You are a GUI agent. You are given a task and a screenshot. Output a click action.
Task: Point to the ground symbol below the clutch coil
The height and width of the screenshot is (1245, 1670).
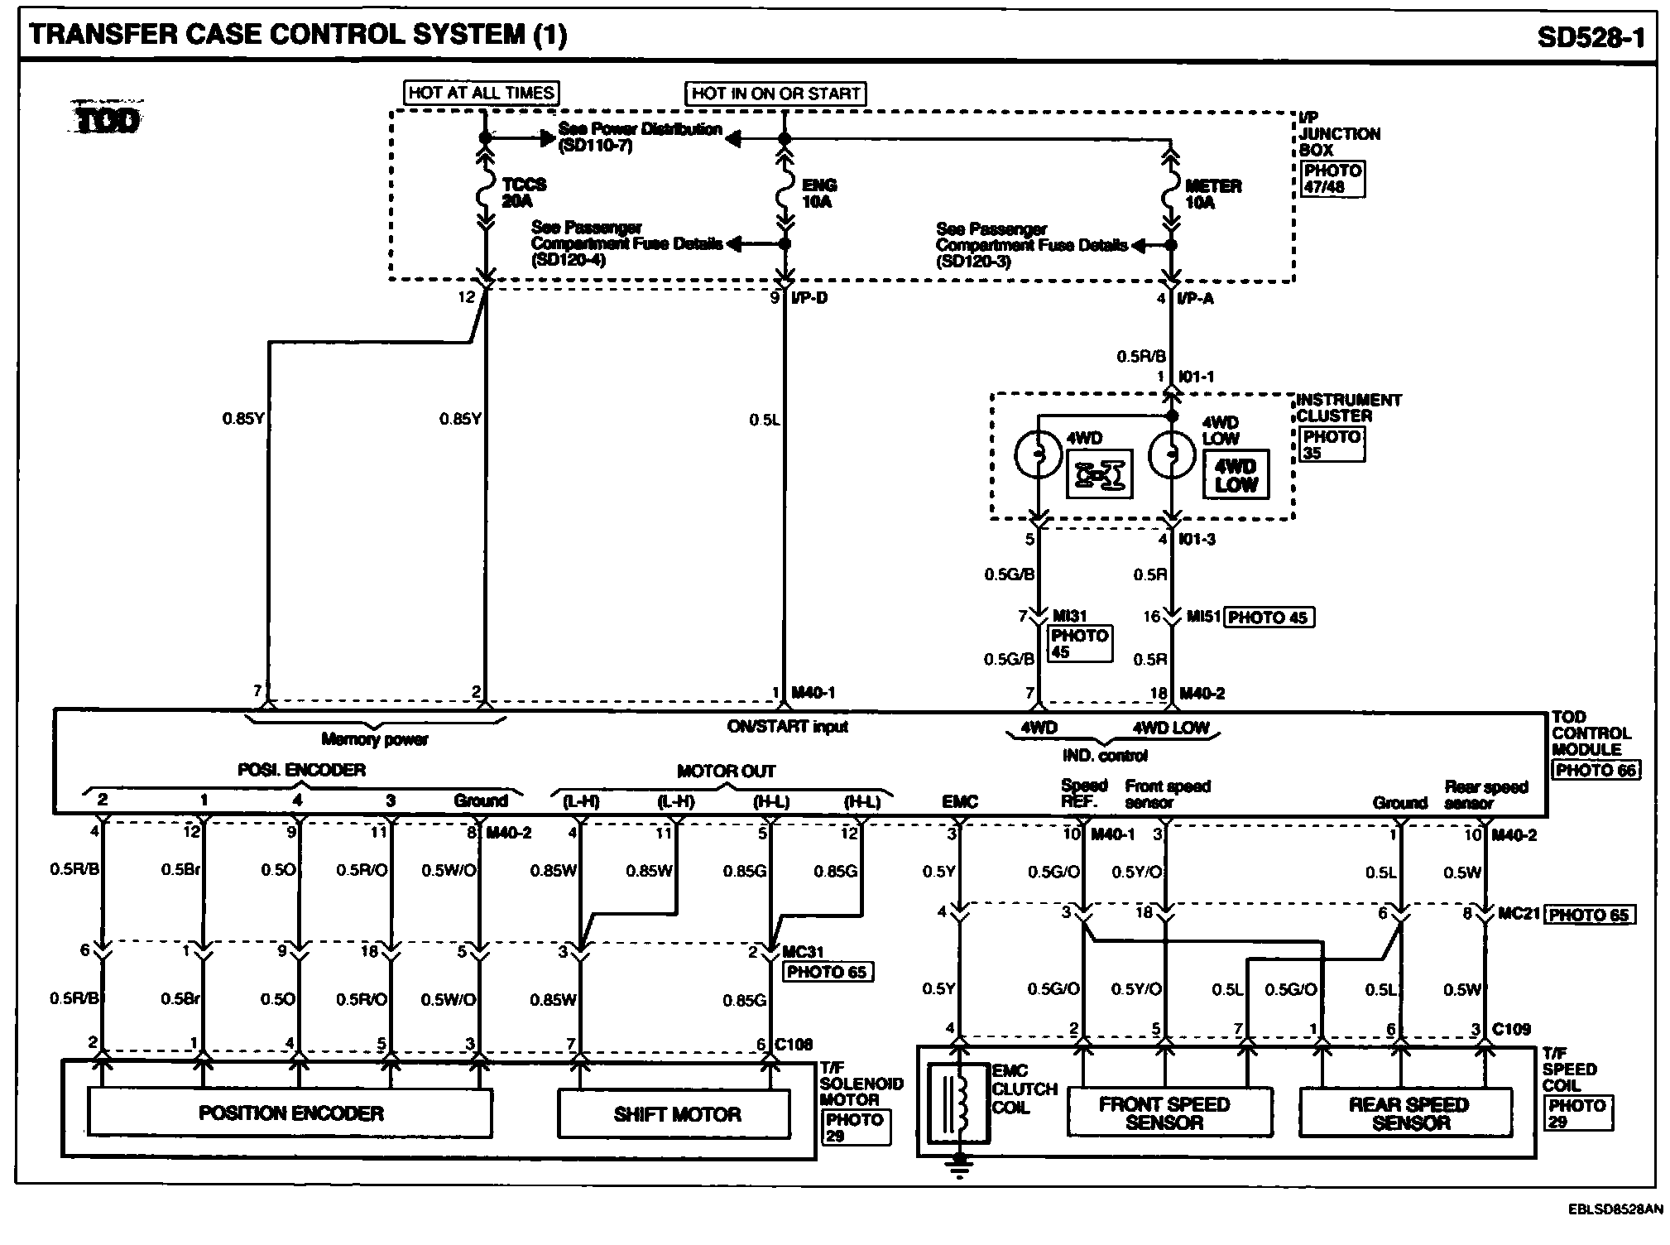[960, 1166]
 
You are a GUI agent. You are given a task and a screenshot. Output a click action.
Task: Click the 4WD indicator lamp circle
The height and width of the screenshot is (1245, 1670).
[1038, 454]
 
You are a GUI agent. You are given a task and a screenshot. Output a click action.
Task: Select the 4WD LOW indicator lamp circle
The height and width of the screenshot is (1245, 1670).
[1171, 454]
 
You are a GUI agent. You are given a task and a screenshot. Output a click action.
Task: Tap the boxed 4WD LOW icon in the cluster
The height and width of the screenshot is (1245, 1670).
[1235, 475]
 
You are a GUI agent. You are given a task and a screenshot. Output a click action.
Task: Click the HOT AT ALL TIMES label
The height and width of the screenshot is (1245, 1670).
[481, 93]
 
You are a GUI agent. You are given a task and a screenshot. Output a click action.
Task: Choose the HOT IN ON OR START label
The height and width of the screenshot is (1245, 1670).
[775, 94]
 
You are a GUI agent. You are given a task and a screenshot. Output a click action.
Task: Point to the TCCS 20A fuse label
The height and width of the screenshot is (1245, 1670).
[523, 192]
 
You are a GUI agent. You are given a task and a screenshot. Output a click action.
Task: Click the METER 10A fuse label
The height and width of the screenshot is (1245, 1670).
[1212, 194]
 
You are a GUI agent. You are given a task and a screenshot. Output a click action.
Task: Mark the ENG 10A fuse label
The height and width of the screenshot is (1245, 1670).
[818, 193]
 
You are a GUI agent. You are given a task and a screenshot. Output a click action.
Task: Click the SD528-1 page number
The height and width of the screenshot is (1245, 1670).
[1591, 36]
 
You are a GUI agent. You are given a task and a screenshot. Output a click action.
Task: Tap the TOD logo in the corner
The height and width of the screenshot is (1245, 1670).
[107, 122]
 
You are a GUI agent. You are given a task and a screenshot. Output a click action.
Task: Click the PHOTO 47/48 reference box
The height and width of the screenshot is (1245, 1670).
[1332, 179]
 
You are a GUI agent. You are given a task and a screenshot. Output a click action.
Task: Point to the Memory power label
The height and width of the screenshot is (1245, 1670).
[374, 739]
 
